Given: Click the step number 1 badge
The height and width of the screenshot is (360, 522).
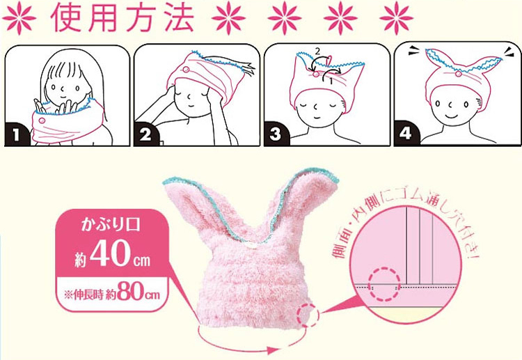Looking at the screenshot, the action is (x=15, y=136).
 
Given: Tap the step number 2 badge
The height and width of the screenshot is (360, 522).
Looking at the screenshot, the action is (x=145, y=136).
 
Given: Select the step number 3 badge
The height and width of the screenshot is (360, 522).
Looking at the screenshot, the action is (x=276, y=136).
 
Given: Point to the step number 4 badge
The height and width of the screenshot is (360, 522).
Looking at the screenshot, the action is (x=406, y=135).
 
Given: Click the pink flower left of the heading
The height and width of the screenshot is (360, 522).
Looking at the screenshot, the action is (x=19, y=18).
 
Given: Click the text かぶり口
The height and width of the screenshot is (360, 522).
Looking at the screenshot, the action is (x=111, y=226).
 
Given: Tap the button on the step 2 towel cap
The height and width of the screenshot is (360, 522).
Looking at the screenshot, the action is (x=187, y=70).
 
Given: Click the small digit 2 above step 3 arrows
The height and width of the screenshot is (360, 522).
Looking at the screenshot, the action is (x=317, y=52).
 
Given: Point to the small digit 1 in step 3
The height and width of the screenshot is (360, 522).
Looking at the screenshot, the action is (x=331, y=80).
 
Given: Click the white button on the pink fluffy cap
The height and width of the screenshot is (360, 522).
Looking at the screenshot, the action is (x=252, y=246).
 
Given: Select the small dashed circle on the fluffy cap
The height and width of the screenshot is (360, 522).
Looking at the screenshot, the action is (x=307, y=315).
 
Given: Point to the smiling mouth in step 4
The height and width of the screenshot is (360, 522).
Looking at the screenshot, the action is (x=451, y=116).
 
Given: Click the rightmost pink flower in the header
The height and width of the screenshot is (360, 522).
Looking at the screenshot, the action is (x=397, y=18).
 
